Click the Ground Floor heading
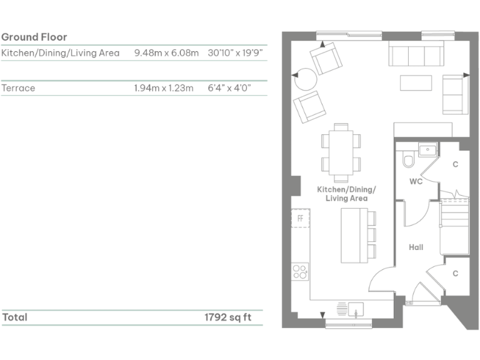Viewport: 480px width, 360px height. point(34,37)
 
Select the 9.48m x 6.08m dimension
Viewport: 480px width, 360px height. point(166,53)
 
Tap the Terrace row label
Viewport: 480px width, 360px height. point(19,88)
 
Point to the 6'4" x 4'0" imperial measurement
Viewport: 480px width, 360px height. point(229,88)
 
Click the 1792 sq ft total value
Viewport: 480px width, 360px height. point(227,317)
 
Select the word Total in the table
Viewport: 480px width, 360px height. point(15,317)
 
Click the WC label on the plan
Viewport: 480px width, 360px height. point(416,182)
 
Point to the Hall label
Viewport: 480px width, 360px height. point(416,247)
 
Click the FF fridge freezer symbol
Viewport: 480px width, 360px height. point(300,219)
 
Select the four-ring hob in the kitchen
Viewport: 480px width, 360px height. point(300,271)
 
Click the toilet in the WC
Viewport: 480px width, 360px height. point(409,162)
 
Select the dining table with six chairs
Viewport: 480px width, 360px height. point(341,150)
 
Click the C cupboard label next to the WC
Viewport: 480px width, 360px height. point(455,164)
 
